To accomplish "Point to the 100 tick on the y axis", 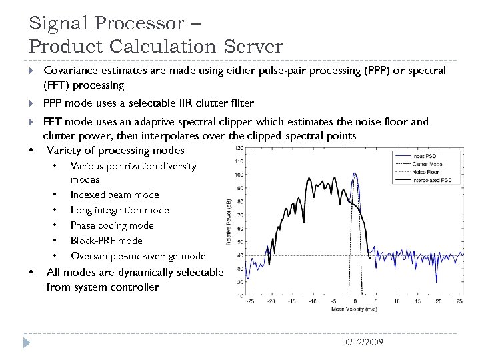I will pyautogui.click(x=238, y=175).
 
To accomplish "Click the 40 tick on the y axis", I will pyautogui.click(x=239, y=255).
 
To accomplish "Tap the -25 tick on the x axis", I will pyautogui.click(x=249, y=301).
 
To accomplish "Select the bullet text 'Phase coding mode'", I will pyautogui.click(x=111, y=225).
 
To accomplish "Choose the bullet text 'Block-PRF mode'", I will pyautogui.click(x=106, y=241).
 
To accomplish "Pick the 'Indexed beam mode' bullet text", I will pyautogui.click(x=114, y=195).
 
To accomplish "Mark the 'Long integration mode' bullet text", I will pyautogui.click(x=119, y=210).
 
